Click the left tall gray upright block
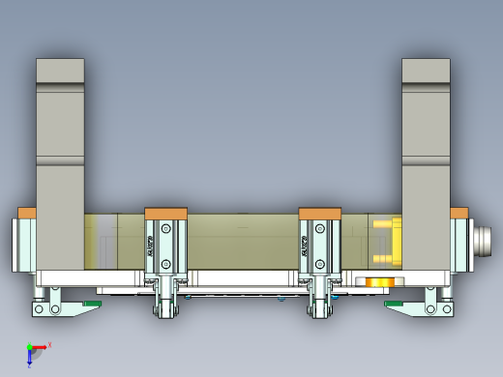pos(60,164)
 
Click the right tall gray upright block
pos(427,164)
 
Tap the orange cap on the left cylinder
pos(165,214)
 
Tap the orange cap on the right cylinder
pos(320,214)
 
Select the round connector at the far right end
pos(484,238)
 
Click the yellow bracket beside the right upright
pos(385,242)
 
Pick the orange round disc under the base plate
pos(378,282)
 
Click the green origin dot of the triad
pos(30,346)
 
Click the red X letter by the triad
pos(49,344)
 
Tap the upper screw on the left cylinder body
pos(166,228)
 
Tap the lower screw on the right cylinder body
pos(320,262)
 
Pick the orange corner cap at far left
pos(27,213)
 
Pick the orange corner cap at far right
pos(459,213)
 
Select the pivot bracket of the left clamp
pos(45,306)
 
